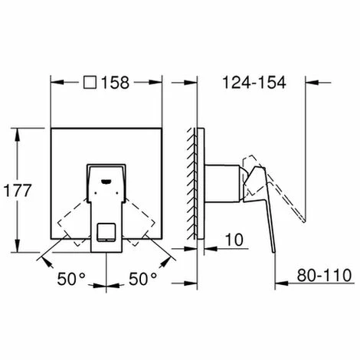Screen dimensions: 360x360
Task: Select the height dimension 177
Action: pos(18,191)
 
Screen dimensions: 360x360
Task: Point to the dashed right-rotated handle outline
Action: pos(142,218)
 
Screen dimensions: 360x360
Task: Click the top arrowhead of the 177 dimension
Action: pos(18,131)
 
